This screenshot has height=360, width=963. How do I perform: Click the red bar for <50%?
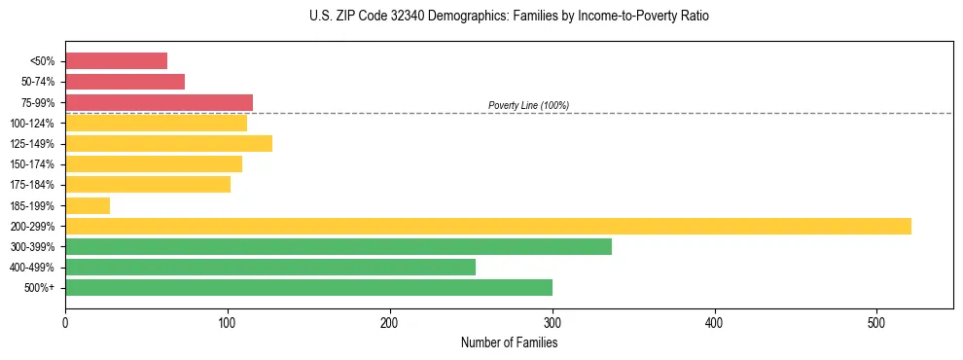(x=116, y=61)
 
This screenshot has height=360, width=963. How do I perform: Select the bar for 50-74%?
(x=125, y=82)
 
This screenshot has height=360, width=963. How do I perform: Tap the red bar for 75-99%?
(x=159, y=102)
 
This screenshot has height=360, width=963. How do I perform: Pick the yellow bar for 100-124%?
(x=156, y=123)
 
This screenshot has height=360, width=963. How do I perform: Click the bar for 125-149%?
(x=168, y=143)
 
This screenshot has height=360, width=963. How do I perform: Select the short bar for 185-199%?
(x=88, y=205)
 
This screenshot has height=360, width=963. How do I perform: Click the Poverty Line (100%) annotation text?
(x=528, y=105)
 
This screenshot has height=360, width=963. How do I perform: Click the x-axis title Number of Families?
(x=509, y=342)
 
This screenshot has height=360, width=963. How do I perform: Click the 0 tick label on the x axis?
(x=65, y=322)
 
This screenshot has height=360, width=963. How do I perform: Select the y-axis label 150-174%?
(x=32, y=164)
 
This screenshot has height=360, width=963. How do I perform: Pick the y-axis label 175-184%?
(x=32, y=185)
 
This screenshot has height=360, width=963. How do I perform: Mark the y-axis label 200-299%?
(x=32, y=226)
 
